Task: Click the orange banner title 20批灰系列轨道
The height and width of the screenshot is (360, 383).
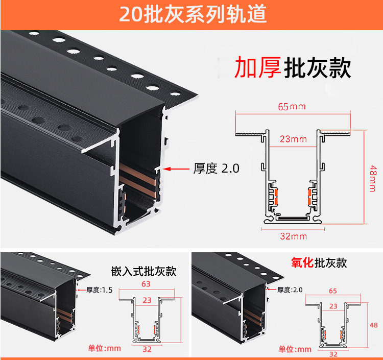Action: [x=193, y=14]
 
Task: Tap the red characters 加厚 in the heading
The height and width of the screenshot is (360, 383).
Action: [x=258, y=67]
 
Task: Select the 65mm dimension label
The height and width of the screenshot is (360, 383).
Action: [x=292, y=107]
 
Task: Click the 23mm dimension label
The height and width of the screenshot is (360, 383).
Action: [x=293, y=139]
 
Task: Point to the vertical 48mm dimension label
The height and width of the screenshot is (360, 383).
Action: [x=373, y=179]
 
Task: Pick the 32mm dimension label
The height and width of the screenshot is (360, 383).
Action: [x=293, y=236]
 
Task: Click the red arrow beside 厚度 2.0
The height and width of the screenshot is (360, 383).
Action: [x=176, y=169]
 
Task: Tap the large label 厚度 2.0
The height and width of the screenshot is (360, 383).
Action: [x=216, y=169]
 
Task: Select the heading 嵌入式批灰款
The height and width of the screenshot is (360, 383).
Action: [x=143, y=271]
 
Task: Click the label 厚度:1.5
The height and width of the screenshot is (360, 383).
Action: [x=99, y=290]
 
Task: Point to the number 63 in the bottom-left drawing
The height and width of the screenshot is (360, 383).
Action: [x=146, y=284]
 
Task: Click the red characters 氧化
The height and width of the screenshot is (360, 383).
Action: [x=302, y=263]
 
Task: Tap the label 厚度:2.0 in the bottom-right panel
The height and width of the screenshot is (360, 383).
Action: [x=290, y=290]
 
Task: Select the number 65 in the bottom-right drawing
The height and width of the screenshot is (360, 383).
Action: [x=332, y=291]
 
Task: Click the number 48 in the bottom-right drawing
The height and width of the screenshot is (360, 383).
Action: [x=374, y=325]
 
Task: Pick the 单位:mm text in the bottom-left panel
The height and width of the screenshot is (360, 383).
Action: [x=104, y=348]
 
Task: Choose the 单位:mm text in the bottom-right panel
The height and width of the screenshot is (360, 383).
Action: [x=295, y=349]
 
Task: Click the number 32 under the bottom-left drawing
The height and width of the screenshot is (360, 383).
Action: [x=147, y=349]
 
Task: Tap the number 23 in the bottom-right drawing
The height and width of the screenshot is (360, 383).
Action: [x=333, y=306]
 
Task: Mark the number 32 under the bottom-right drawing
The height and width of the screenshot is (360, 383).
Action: [x=333, y=354]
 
